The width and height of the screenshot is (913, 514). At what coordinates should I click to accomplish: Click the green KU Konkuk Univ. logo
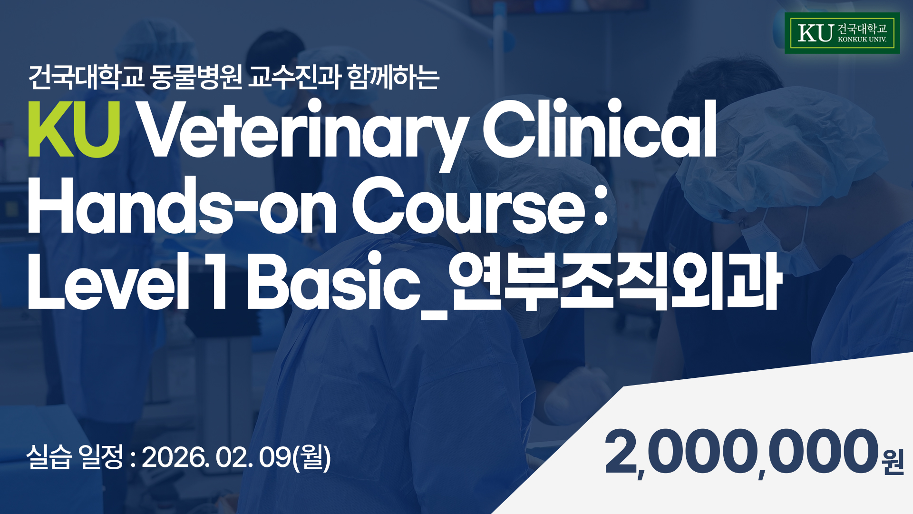(842, 33)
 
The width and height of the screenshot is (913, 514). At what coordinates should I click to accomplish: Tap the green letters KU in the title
(74, 129)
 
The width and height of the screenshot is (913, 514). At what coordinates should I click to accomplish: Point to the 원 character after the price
(893, 461)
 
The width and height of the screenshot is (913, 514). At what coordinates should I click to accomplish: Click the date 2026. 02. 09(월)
(236, 458)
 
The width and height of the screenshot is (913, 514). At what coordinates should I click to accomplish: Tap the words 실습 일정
(75, 457)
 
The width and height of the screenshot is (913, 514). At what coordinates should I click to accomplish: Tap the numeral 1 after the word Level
(218, 281)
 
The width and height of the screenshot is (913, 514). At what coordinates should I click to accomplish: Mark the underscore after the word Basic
(435, 316)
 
